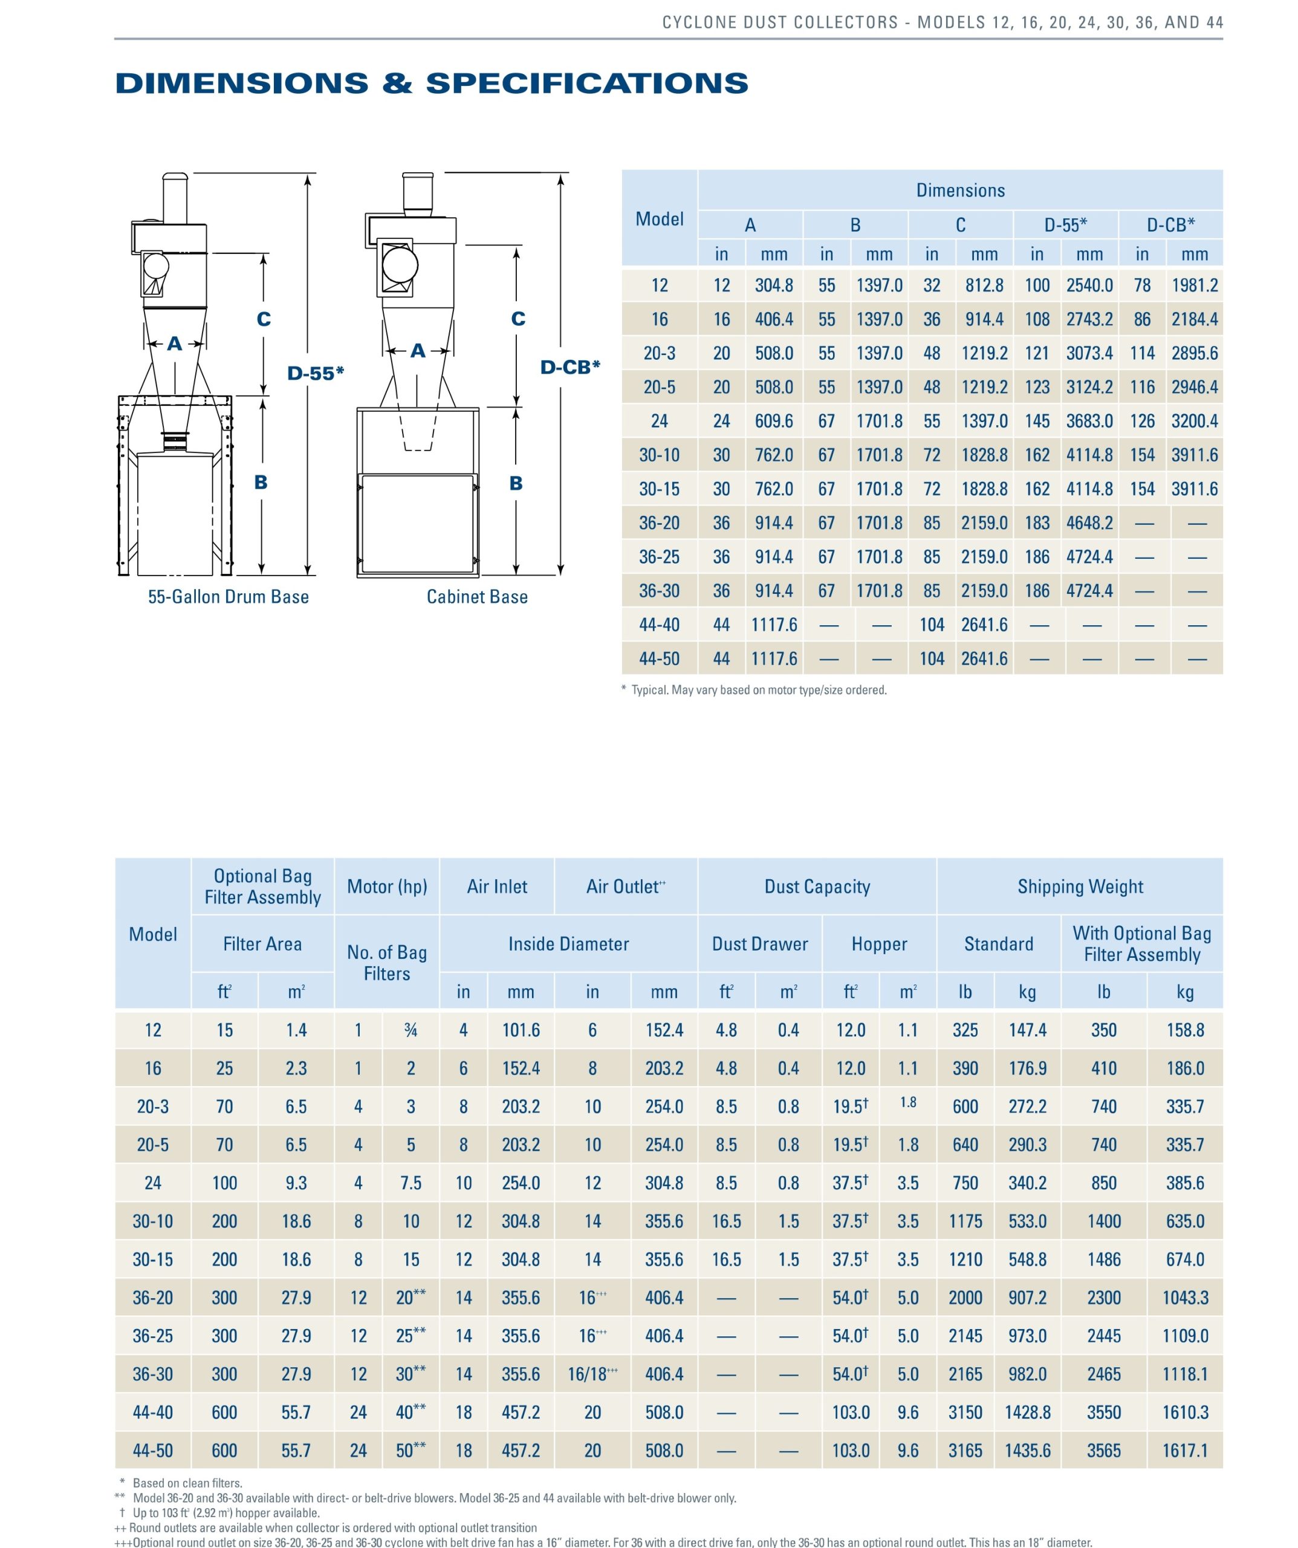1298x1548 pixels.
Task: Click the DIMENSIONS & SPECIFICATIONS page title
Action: point(431,83)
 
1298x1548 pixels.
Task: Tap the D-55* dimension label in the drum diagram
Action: point(316,373)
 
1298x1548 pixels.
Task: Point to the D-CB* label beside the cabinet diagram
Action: point(569,366)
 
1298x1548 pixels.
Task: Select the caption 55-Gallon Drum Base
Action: point(229,597)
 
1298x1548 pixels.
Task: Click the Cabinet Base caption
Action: point(477,597)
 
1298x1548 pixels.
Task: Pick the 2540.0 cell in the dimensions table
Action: point(1089,285)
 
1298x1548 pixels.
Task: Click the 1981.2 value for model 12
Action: point(1195,285)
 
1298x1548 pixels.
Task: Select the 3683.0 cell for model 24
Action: point(1089,421)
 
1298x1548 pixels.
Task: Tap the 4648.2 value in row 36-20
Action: point(1089,522)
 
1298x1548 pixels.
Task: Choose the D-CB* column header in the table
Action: point(1170,225)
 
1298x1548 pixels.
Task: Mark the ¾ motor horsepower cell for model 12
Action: point(410,1030)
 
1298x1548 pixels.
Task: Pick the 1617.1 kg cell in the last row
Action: point(1184,1451)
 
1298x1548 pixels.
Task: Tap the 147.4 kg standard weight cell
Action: point(1028,1030)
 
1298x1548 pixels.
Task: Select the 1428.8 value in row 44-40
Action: point(1028,1413)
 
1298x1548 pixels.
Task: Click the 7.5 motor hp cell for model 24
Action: point(410,1183)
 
